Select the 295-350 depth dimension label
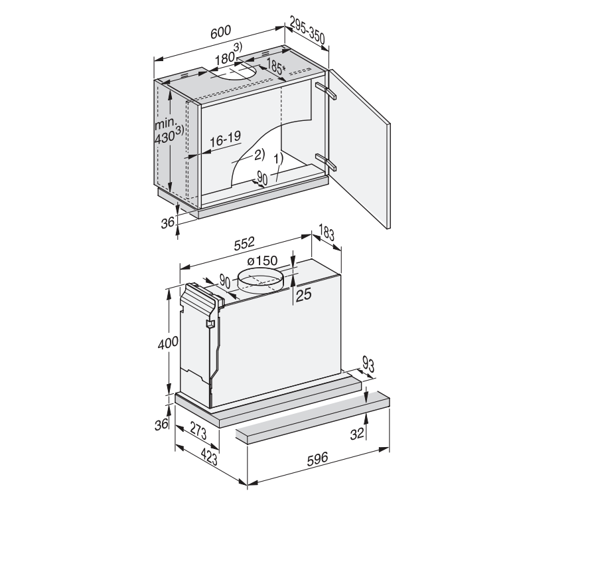click(307, 33)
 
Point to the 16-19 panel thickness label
click(225, 139)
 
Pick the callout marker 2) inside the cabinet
click(258, 154)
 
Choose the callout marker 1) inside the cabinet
click(277, 159)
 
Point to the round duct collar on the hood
click(260, 284)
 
